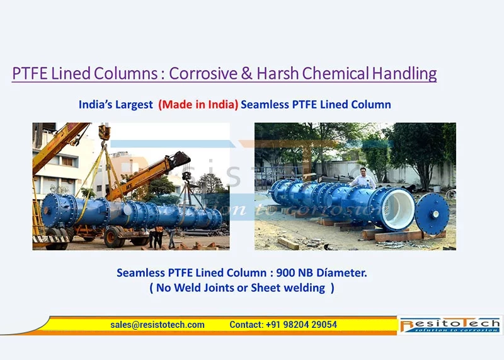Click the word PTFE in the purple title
(x=30, y=73)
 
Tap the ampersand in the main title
(x=246, y=73)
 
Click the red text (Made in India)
(x=198, y=105)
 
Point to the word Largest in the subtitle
(x=134, y=105)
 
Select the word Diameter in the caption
(x=341, y=273)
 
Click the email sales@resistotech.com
(x=157, y=325)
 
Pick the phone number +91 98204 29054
(x=302, y=325)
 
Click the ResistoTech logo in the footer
(x=450, y=325)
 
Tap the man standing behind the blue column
(x=363, y=178)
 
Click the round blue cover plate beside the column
(x=432, y=214)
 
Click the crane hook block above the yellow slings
(x=105, y=132)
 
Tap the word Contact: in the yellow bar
(x=246, y=325)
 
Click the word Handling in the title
(x=404, y=73)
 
